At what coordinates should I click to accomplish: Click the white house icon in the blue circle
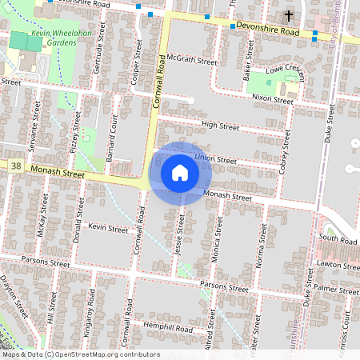[180, 173]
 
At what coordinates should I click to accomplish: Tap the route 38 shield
[16, 165]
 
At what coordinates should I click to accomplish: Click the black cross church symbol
[289, 16]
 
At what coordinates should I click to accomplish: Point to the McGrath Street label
[193, 60]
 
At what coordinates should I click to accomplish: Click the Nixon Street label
[273, 99]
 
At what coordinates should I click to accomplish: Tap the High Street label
[220, 126]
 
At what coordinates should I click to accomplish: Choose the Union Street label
[216, 160]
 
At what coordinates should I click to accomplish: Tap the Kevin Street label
[108, 229]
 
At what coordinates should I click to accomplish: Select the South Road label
[336, 239]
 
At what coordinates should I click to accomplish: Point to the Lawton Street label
[338, 263]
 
